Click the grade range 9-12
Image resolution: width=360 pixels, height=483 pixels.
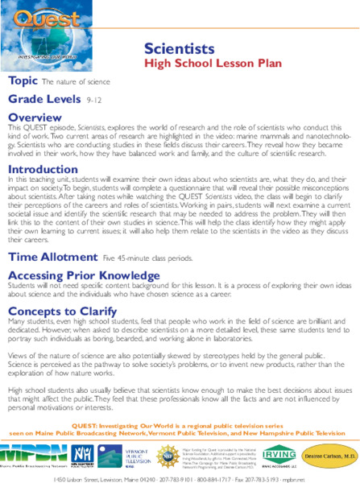click(x=94, y=101)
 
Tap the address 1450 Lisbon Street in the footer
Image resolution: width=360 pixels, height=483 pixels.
click(x=77, y=477)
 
